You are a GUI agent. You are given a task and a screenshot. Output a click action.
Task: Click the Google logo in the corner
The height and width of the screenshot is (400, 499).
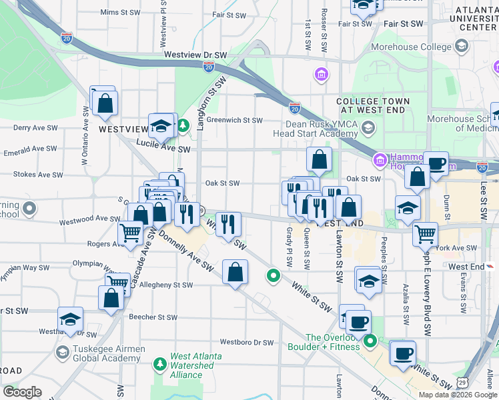[22, 391]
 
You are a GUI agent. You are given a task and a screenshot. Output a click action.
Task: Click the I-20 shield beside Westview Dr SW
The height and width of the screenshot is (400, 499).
[209, 66]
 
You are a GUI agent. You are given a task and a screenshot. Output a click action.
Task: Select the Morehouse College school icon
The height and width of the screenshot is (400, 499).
[461, 46]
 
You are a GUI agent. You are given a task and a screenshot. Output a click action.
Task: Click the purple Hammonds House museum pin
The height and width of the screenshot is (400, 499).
[380, 160]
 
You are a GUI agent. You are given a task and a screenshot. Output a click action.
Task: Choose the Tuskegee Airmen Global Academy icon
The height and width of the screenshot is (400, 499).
[62, 353]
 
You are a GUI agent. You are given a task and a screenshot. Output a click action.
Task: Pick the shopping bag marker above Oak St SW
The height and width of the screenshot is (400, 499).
[320, 159]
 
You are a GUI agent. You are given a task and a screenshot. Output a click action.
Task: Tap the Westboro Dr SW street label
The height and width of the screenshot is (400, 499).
[247, 343]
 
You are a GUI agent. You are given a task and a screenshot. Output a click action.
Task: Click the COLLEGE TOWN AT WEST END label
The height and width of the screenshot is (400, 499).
[373, 105]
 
